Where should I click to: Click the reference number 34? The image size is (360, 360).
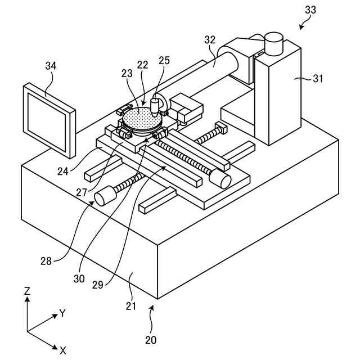(x=51, y=66)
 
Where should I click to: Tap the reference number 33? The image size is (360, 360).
(x=310, y=10)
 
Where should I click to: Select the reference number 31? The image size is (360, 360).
(x=318, y=79)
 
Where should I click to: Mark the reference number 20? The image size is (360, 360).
(x=151, y=340)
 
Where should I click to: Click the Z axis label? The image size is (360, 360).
(x=27, y=291)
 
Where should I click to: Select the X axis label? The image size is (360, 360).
(x=63, y=350)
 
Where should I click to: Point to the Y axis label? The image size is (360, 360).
(x=62, y=313)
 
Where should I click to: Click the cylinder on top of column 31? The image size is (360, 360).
(x=274, y=43)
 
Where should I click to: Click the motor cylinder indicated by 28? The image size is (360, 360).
(x=103, y=197)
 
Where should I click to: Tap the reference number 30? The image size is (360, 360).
(x=80, y=278)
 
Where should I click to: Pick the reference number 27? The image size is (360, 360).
(x=82, y=192)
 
